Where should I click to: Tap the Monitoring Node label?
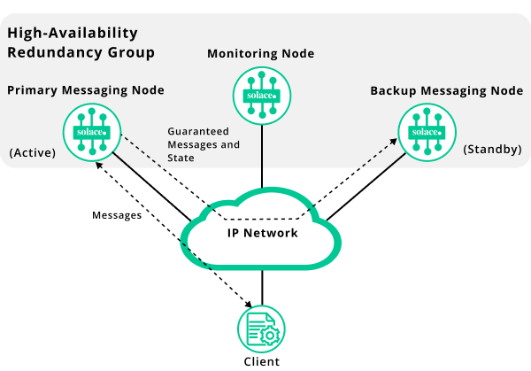[260, 54]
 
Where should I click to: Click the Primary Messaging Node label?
[86, 90]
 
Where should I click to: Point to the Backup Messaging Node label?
[447, 91]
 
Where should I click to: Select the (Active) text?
[33, 152]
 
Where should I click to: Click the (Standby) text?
[492, 149]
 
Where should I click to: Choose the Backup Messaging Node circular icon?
[426, 132]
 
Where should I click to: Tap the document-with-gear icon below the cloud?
[261, 329]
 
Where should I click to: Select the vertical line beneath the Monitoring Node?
[261, 145]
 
